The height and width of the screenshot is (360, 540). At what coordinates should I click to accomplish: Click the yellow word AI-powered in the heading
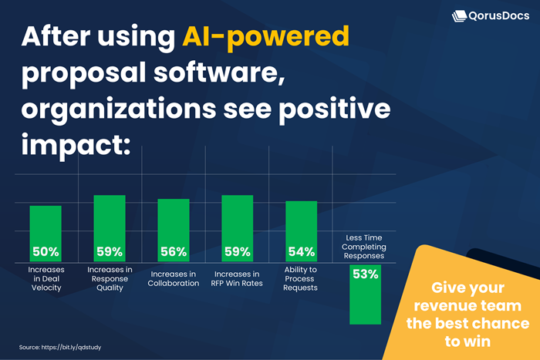point(266,37)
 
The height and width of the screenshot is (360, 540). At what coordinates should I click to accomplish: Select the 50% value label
point(45,251)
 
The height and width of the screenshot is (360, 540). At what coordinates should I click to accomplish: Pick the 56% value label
point(173,251)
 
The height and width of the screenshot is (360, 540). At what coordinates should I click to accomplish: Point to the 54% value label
point(301,251)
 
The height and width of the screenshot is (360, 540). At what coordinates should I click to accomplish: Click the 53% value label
point(365,274)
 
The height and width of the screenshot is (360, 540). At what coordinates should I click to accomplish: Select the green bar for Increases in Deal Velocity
point(45,224)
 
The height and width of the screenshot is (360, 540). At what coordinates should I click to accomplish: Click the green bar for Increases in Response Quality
point(109,220)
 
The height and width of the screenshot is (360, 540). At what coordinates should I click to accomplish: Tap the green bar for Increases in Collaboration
point(173,222)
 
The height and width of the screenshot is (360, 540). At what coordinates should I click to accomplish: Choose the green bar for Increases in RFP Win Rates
point(237,220)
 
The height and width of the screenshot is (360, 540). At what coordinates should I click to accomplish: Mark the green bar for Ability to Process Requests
point(301,223)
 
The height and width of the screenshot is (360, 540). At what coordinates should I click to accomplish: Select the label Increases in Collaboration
point(173,278)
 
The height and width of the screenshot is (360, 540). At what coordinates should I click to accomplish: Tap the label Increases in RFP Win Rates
point(237,278)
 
